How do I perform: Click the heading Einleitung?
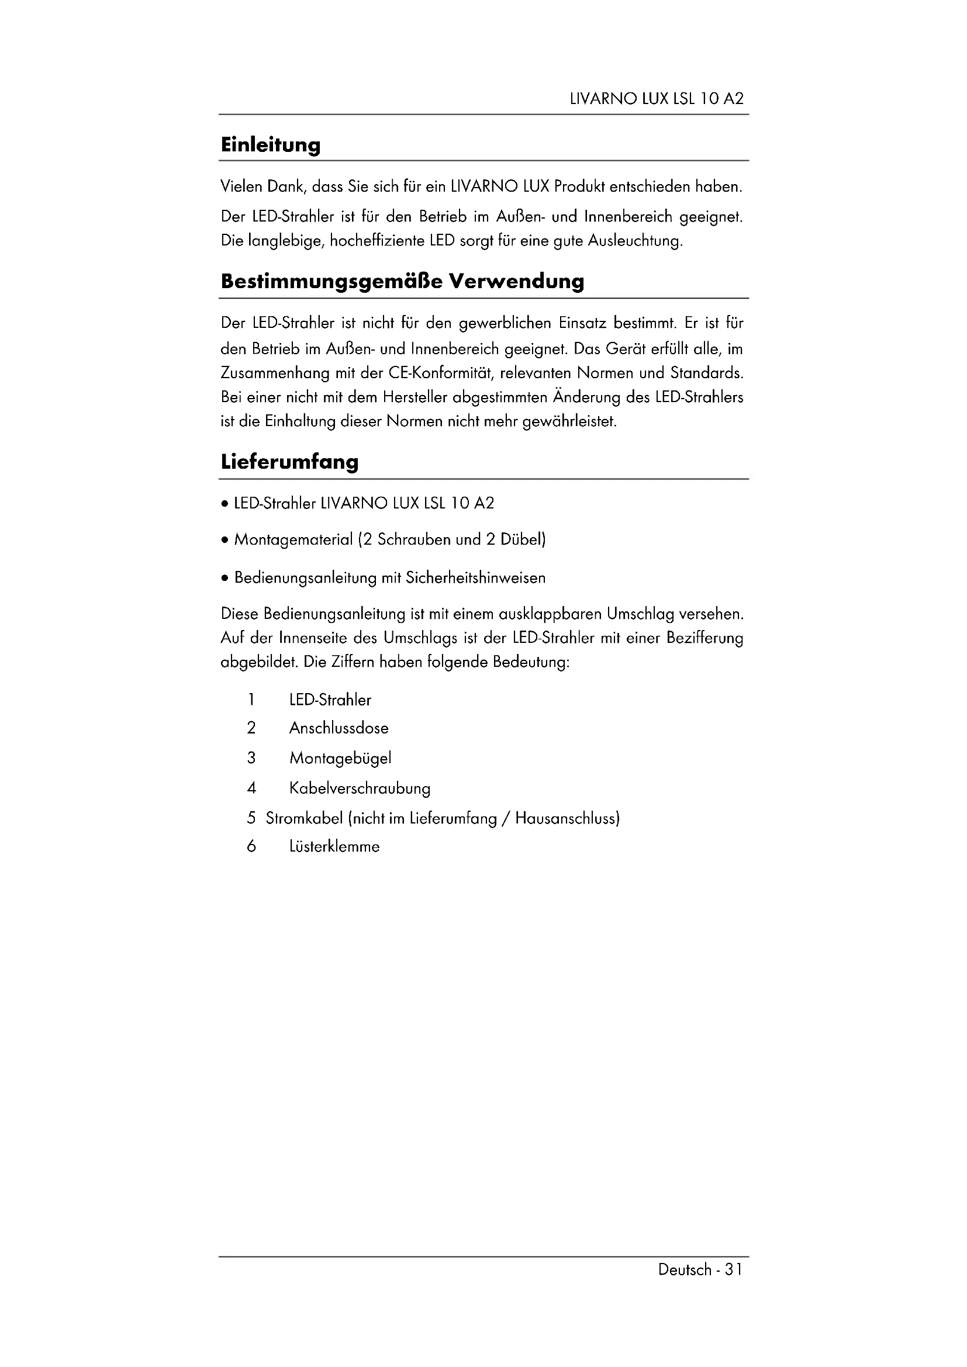tap(270, 145)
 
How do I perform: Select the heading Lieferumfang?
tap(289, 462)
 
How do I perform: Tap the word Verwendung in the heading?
tap(516, 281)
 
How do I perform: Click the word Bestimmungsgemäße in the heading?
tap(330, 281)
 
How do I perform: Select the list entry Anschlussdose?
tap(339, 728)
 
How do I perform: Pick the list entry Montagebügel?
tap(340, 759)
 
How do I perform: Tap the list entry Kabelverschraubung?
tap(360, 788)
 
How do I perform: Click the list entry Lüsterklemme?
tap(334, 847)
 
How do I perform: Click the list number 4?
tap(251, 788)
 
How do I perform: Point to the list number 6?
tap(251, 847)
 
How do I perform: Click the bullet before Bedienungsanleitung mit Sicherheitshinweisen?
tap(224, 578)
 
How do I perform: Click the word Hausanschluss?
tap(567, 818)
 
